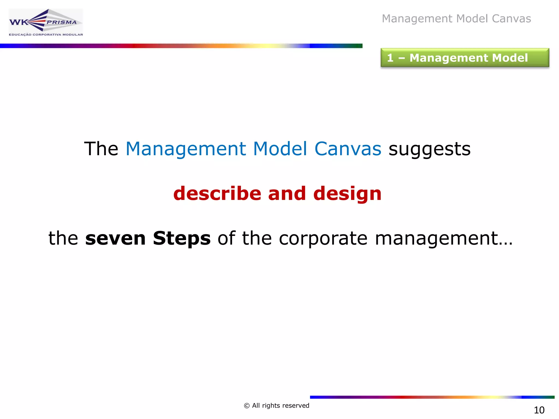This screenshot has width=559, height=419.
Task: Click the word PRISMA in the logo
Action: [x=62, y=22]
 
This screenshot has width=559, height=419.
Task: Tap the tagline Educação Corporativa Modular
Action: [x=46, y=35]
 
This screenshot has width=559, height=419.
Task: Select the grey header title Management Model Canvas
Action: [x=456, y=19]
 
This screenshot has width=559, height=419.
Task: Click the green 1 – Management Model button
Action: [x=465, y=58]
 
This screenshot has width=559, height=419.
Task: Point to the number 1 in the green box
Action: [x=390, y=58]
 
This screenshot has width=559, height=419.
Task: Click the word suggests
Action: [x=429, y=149]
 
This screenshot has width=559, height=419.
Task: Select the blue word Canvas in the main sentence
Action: [x=348, y=149]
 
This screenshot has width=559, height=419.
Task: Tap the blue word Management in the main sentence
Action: [x=186, y=149]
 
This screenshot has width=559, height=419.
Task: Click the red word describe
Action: [x=217, y=193]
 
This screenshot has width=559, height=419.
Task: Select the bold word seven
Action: [x=115, y=238]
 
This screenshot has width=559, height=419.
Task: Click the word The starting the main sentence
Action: [x=101, y=149]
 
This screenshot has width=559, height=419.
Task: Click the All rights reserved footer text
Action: [x=280, y=406]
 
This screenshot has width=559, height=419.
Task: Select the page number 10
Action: [x=539, y=410]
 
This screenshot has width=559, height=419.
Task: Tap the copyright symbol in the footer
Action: [x=247, y=406]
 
